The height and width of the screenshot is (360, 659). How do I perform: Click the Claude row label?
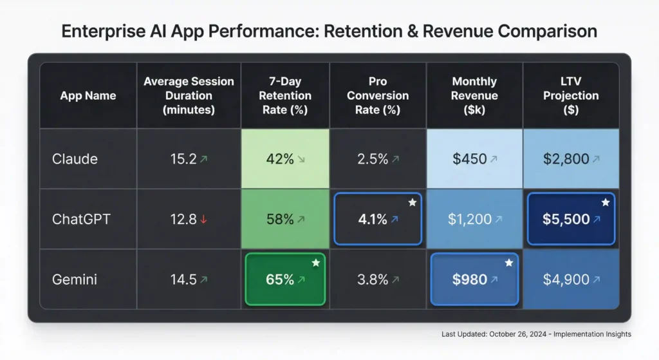tap(75, 158)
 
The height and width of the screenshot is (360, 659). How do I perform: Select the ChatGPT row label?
tap(81, 219)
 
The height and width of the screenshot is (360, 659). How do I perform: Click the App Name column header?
tap(88, 95)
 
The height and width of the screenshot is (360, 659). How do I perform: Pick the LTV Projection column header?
tap(570, 95)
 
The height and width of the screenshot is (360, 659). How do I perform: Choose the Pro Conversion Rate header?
tap(378, 95)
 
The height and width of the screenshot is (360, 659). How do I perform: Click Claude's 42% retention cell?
tap(285, 158)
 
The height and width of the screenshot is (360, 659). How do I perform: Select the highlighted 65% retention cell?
tap(285, 279)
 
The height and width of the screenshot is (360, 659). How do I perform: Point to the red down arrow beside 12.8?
tap(203, 220)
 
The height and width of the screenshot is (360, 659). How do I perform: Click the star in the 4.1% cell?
tap(413, 202)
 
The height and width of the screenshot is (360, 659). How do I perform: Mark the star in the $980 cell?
tap(509, 263)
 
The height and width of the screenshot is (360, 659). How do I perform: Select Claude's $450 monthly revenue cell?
tap(474, 158)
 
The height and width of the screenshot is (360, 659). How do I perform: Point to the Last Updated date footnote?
tap(536, 334)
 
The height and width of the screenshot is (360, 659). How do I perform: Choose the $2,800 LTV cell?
tap(570, 158)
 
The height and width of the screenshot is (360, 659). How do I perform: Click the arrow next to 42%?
tap(302, 159)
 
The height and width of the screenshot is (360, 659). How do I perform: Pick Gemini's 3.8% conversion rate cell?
tap(378, 279)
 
